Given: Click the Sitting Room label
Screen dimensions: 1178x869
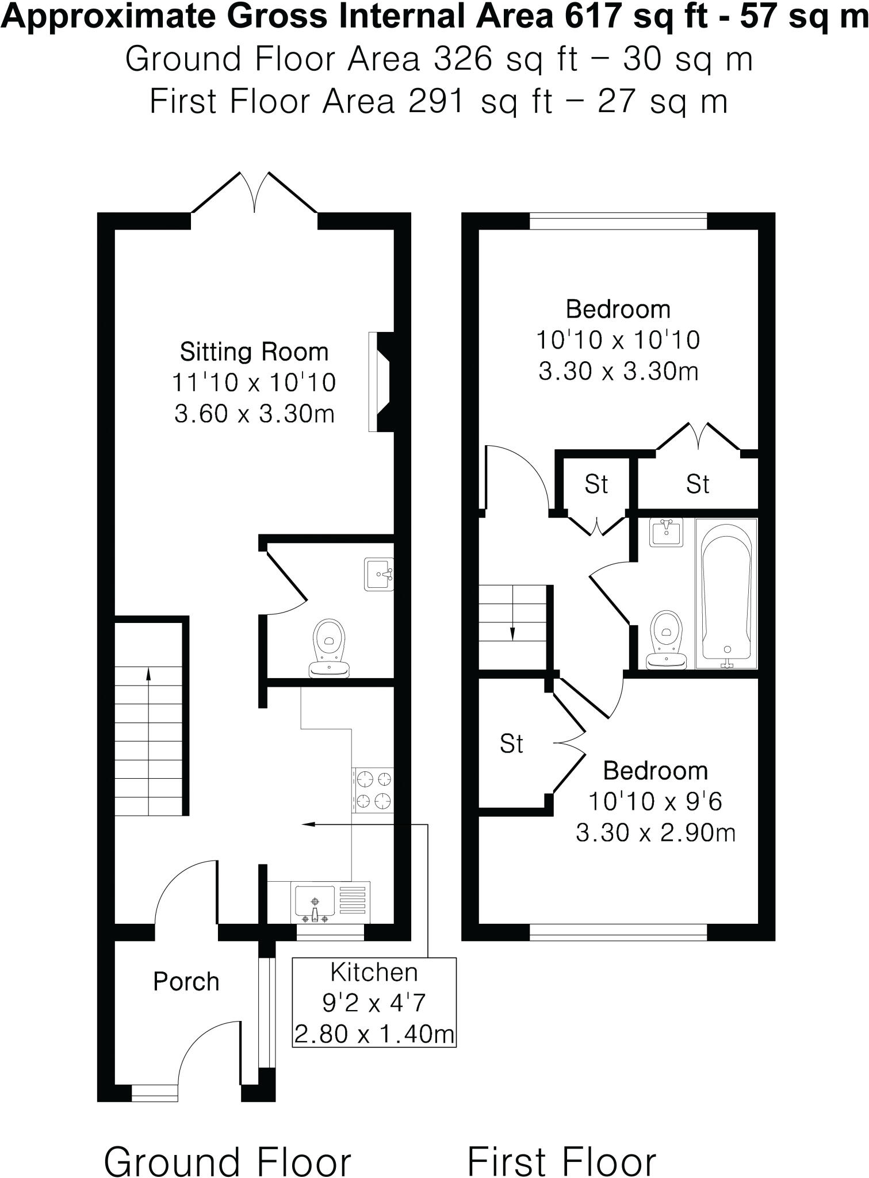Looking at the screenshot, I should pos(254,351).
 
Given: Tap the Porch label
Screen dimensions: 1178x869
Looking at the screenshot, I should pos(186,981).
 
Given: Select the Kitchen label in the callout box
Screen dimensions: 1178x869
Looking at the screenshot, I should pos(374,972).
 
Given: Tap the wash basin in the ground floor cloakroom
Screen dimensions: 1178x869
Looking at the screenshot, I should pos(379,575).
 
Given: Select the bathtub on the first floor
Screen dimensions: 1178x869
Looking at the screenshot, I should pos(726,593).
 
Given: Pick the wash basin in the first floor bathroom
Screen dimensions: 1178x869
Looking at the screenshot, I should pos(666,532).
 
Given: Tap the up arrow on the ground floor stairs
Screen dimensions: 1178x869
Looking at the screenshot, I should pos(148,674).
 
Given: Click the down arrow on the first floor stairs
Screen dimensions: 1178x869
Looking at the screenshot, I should pos(512,632).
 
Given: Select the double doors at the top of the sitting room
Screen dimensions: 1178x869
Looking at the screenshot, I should pos(254,193).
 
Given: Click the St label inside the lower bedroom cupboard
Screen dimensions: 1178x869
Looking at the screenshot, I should pos(511,744).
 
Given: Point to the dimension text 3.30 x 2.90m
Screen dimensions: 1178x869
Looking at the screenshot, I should pos(655,832).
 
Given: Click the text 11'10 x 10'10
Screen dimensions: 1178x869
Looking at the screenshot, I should pos(254,383).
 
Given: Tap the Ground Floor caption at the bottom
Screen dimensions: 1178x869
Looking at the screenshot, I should pos(227,1145).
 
